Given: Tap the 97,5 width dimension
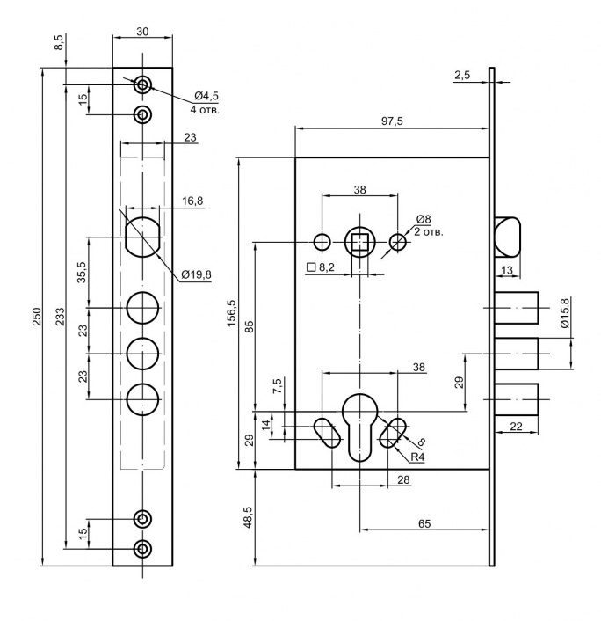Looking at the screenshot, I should coord(392,120).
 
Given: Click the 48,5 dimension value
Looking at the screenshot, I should coord(248,520).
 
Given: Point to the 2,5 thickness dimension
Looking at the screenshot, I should coord(463,77).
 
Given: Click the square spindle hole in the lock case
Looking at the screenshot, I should coord(359,242).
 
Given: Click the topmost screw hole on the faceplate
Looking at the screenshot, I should coord(142,84).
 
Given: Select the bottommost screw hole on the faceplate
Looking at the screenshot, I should coord(142,549).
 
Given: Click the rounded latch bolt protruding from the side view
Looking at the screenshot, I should coord(507,235).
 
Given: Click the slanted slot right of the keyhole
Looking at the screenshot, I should coord(395,432).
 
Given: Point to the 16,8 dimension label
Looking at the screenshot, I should coord(192,201).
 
